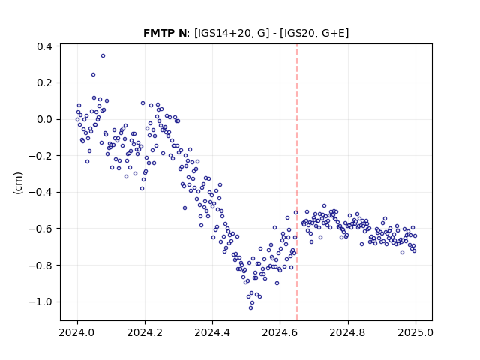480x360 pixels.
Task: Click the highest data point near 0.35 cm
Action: pyautogui.click(x=103, y=56)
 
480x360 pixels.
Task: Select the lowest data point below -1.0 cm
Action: pyautogui.click(x=250, y=308)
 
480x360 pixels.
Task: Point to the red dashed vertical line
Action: pyautogui.click(x=297, y=182)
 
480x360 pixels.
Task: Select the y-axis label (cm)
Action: pyautogui.click(x=18, y=183)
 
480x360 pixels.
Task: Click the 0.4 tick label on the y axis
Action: pyautogui.click(x=44, y=46)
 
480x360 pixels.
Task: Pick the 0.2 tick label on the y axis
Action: pyautogui.click(x=44, y=83)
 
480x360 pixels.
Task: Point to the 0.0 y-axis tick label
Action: pyautogui.click(x=44, y=119)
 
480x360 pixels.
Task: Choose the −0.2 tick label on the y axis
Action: pyautogui.click(x=40, y=156)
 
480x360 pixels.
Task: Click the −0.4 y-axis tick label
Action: pyautogui.click(x=40, y=192)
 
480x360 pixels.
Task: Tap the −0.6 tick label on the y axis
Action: pyautogui.click(x=40, y=229)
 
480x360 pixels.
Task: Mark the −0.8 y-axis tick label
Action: pyautogui.click(x=40, y=265)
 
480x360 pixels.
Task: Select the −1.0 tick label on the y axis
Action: pyautogui.click(x=40, y=301)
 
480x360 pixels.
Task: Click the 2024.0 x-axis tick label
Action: pyautogui.click(x=77, y=332)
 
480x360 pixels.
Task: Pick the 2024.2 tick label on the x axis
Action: pyautogui.click(x=145, y=332)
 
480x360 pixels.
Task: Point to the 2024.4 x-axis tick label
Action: pyautogui.click(x=212, y=332)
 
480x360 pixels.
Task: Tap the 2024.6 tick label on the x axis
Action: pyautogui.click(x=280, y=332)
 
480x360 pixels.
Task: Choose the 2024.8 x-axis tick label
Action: pyautogui.click(x=347, y=332)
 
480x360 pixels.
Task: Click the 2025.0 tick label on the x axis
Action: pyautogui.click(x=415, y=332)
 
